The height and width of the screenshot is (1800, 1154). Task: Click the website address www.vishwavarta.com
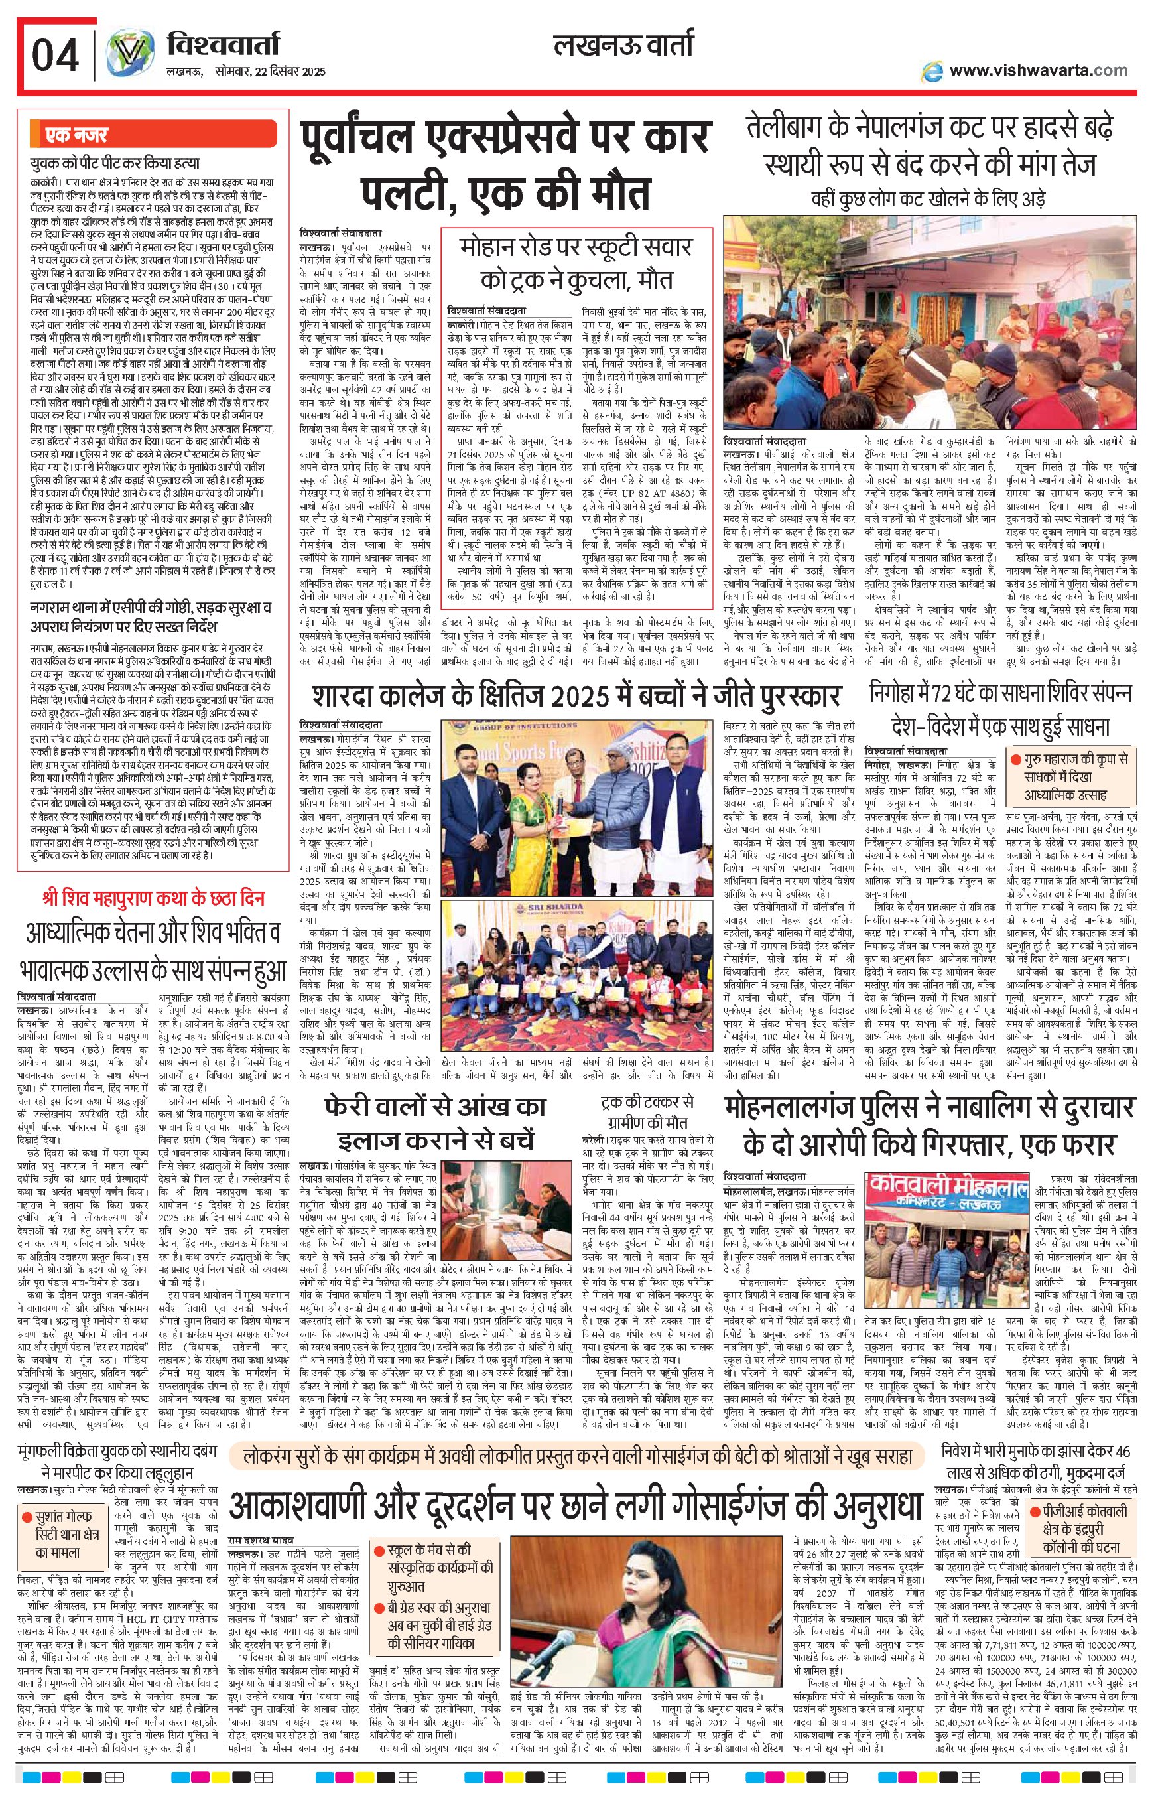click(x=1038, y=70)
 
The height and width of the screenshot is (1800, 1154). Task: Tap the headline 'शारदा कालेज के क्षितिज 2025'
click(x=577, y=696)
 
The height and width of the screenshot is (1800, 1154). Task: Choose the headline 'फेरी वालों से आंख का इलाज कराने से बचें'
click(x=434, y=1123)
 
